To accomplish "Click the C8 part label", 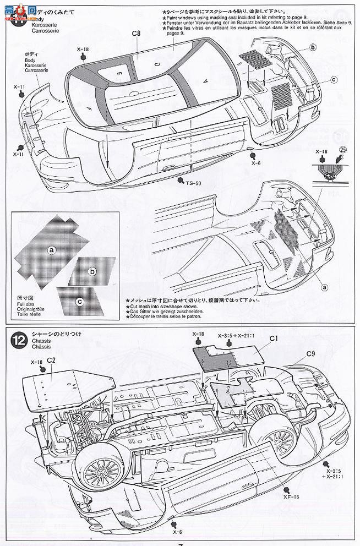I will pos(137,34).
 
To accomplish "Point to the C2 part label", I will pos(51,360).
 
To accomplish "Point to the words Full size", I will pos(26,303).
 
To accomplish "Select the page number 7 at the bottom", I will pos(180,543).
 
